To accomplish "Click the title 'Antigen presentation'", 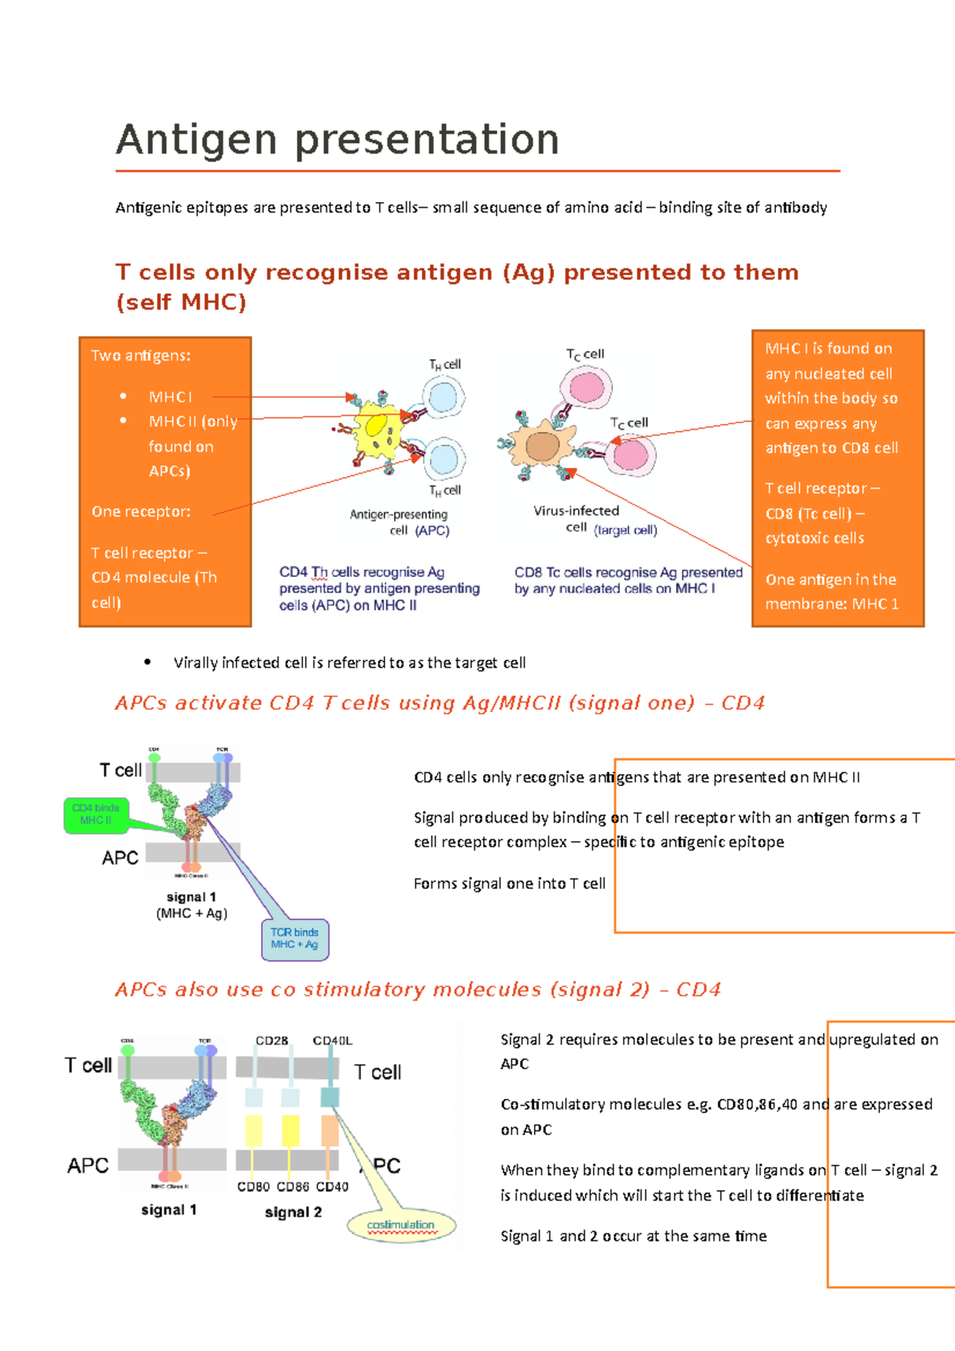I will (337, 140).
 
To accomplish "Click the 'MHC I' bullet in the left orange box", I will (170, 396).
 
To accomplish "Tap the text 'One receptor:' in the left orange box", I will (141, 512).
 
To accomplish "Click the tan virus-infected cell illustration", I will (543, 446).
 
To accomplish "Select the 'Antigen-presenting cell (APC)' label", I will (400, 523).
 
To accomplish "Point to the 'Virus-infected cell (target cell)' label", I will (594, 520).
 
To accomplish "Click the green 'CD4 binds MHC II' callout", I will (95, 814).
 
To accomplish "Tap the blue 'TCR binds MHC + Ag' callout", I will (294, 939).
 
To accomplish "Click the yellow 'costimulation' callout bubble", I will (401, 1225).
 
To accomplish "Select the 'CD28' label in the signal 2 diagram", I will (271, 1041).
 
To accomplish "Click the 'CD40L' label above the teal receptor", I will (332, 1041).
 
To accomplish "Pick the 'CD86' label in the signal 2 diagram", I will (292, 1186).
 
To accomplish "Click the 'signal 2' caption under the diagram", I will (293, 1212).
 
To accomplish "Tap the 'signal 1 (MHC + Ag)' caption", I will (191, 905).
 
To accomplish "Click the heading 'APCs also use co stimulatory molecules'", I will (417, 989).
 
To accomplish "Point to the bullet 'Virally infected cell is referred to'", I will (349, 663).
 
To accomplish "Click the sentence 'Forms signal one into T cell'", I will (509, 883).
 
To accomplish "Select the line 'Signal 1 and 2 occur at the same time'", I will (633, 1236).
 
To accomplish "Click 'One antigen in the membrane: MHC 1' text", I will (832, 591).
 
